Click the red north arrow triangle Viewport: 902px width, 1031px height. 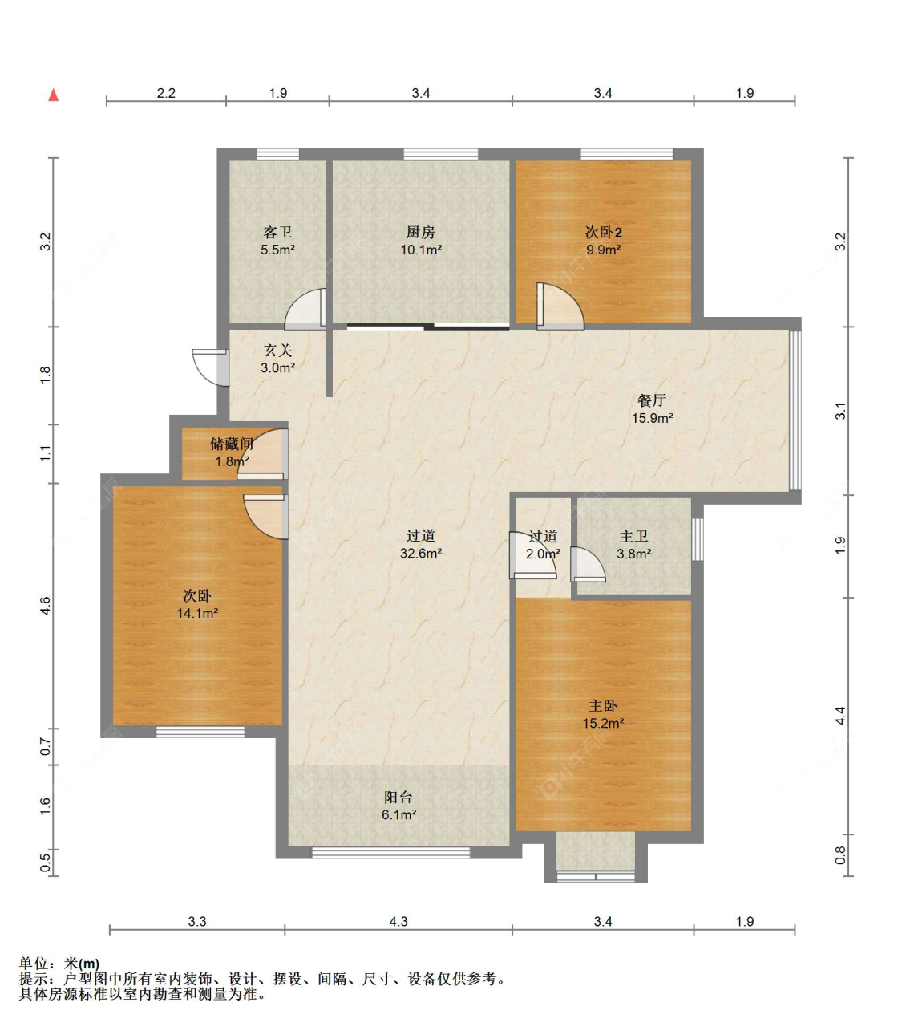tap(54, 95)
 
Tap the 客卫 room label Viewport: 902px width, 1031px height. tap(277, 233)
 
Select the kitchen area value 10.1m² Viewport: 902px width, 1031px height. tap(421, 250)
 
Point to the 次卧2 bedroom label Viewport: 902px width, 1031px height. tap(604, 233)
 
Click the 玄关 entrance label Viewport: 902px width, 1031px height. tap(278, 350)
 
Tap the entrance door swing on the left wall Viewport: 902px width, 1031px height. tap(211, 367)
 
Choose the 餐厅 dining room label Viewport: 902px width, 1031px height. tap(652, 400)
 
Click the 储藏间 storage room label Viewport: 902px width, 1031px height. tap(232, 444)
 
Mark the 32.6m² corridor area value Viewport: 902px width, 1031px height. tap(421, 554)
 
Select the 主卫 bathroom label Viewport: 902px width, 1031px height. tap(633, 536)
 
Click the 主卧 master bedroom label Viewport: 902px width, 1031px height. tap(604, 706)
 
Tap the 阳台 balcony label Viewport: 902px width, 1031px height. tap(398, 798)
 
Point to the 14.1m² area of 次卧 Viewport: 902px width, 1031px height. tap(197, 613)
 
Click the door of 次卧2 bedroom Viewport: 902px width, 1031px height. tap(560, 306)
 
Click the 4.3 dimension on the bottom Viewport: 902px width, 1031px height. tap(398, 922)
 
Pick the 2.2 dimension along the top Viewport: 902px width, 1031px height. tap(166, 93)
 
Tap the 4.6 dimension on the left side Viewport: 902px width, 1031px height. tap(46, 605)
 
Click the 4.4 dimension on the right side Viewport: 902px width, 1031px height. tap(840, 716)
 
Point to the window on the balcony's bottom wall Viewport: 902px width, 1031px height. tap(390, 852)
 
